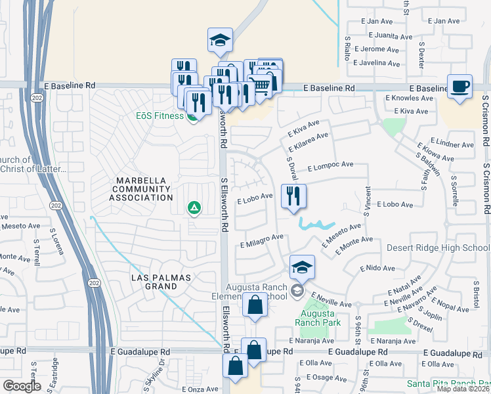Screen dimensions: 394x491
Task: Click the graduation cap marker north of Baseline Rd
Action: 221,41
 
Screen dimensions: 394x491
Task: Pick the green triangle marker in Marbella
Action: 194,209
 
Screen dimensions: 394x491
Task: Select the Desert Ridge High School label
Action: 438,248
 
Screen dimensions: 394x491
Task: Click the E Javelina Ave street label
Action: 375,64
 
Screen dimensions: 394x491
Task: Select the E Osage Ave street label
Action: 320,376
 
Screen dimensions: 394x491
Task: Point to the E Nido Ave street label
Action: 377,269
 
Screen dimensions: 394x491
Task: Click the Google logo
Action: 22,386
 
